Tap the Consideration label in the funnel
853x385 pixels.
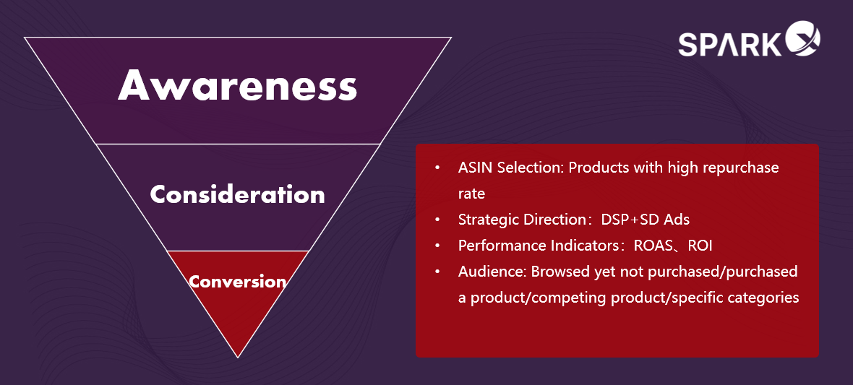[237, 194]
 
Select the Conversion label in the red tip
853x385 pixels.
[238, 282]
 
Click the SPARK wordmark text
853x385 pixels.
[729, 45]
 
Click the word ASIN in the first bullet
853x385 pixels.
[473, 168]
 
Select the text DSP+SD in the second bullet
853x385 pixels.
[630, 220]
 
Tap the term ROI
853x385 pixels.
[700, 246]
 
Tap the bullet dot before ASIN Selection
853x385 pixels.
[437, 168]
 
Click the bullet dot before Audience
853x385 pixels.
[437, 272]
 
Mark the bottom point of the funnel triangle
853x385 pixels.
[238, 358]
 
